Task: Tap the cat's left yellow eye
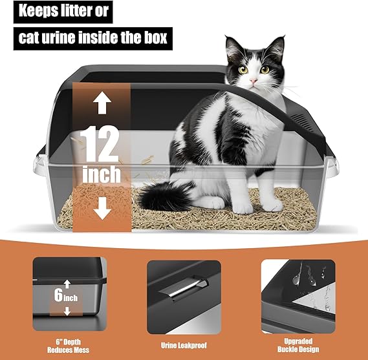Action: (x=244, y=69)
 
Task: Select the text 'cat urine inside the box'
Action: (x=92, y=37)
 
